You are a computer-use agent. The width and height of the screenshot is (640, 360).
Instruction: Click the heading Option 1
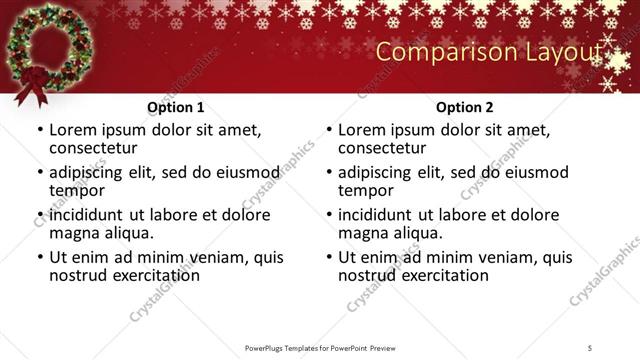[x=176, y=106]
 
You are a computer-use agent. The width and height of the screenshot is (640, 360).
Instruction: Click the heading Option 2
[x=465, y=106]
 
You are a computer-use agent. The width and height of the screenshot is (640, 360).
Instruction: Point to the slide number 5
[x=590, y=347]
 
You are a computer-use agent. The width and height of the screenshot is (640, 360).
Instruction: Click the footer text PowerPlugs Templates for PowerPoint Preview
[x=319, y=347]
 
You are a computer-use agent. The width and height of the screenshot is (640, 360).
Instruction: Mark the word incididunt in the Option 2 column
[x=375, y=215]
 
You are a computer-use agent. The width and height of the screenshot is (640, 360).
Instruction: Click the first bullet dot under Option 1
[x=39, y=130]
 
